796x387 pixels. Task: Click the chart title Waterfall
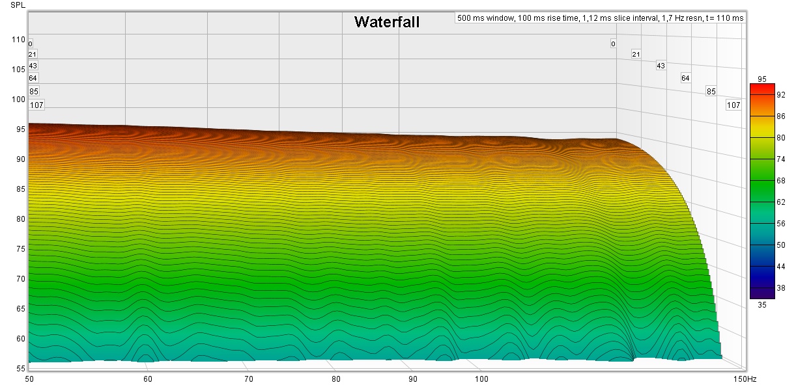coord(386,22)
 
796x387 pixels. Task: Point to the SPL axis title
coord(18,5)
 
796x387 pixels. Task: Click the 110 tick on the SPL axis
coord(18,40)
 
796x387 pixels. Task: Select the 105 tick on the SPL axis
coord(18,70)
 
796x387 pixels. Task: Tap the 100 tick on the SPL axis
coord(18,100)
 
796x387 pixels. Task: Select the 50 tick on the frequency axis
coord(29,379)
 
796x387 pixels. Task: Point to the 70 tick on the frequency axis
coord(248,379)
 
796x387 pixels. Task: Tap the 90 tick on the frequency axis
coord(412,379)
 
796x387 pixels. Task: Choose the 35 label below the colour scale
coord(762,303)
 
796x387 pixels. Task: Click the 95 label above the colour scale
coord(762,79)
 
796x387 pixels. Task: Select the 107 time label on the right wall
coord(733,105)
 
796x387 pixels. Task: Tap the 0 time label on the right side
coord(613,44)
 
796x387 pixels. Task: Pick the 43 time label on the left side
coord(33,66)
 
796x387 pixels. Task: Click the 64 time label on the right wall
coord(685,78)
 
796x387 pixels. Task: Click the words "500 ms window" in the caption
coord(485,18)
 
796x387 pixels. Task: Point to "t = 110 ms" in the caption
coord(722,18)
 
